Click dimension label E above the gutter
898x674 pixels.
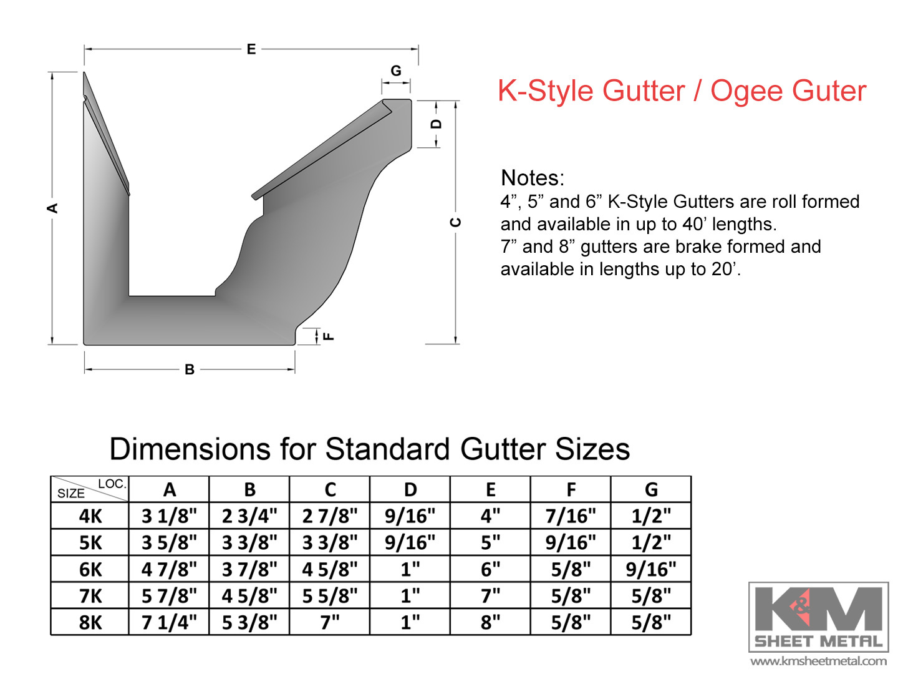[251, 49]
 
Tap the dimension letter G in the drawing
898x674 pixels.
[396, 71]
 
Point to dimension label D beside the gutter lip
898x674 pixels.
[437, 124]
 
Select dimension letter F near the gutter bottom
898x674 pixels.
[329, 336]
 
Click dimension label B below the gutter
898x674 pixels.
[190, 369]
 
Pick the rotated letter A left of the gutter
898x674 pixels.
[52, 208]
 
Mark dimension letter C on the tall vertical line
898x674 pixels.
[455, 222]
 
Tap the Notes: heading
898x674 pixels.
[533, 178]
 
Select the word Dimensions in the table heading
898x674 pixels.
[190, 449]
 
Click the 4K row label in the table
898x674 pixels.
[90, 516]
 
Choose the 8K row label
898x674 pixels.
[90, 622]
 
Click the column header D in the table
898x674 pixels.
[410, 489]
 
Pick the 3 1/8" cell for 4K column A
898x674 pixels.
[169, 516]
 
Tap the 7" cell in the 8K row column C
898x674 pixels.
[330, 622]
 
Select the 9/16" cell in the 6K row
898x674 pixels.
[651, 569]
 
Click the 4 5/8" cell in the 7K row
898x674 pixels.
[249, 596]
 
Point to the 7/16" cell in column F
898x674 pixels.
[571, 516]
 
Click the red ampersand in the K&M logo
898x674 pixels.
[801, 607]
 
